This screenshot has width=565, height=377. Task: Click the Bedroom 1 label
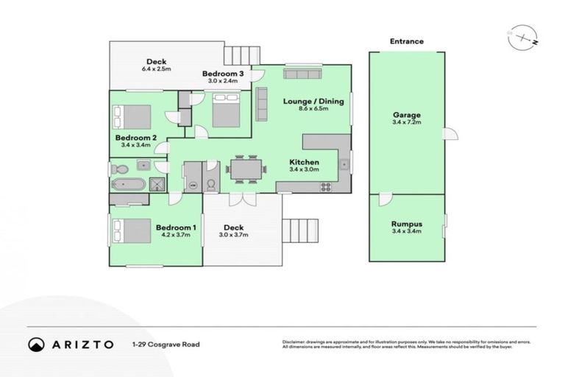tap(176, 228)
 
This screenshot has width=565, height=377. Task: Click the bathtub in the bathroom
tap(129, 184)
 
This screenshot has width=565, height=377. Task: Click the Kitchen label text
tap(304, 162)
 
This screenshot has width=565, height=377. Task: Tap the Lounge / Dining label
tap(313, 102)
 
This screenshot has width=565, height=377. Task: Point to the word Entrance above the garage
tap(406, 42)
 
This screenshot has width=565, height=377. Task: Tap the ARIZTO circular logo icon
tap(35, 344)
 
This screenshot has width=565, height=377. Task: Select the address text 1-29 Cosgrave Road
tap(166, 344)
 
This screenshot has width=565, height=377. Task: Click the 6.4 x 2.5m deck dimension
tap(156, 69)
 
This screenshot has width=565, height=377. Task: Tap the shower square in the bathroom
tap(157, 184)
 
